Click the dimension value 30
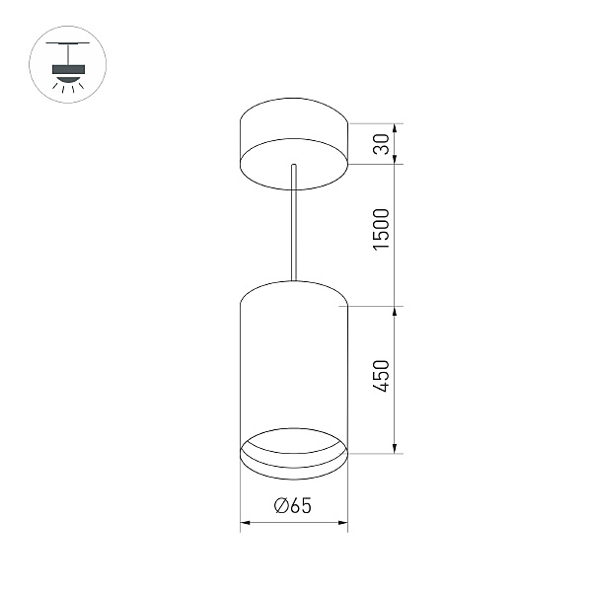381,144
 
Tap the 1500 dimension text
381,229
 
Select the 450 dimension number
381,376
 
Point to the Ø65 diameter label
293,505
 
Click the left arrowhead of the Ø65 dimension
246,523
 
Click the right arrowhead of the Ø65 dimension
342,523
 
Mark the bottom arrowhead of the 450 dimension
395,448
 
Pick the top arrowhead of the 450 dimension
395,312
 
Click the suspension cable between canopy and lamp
294,223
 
